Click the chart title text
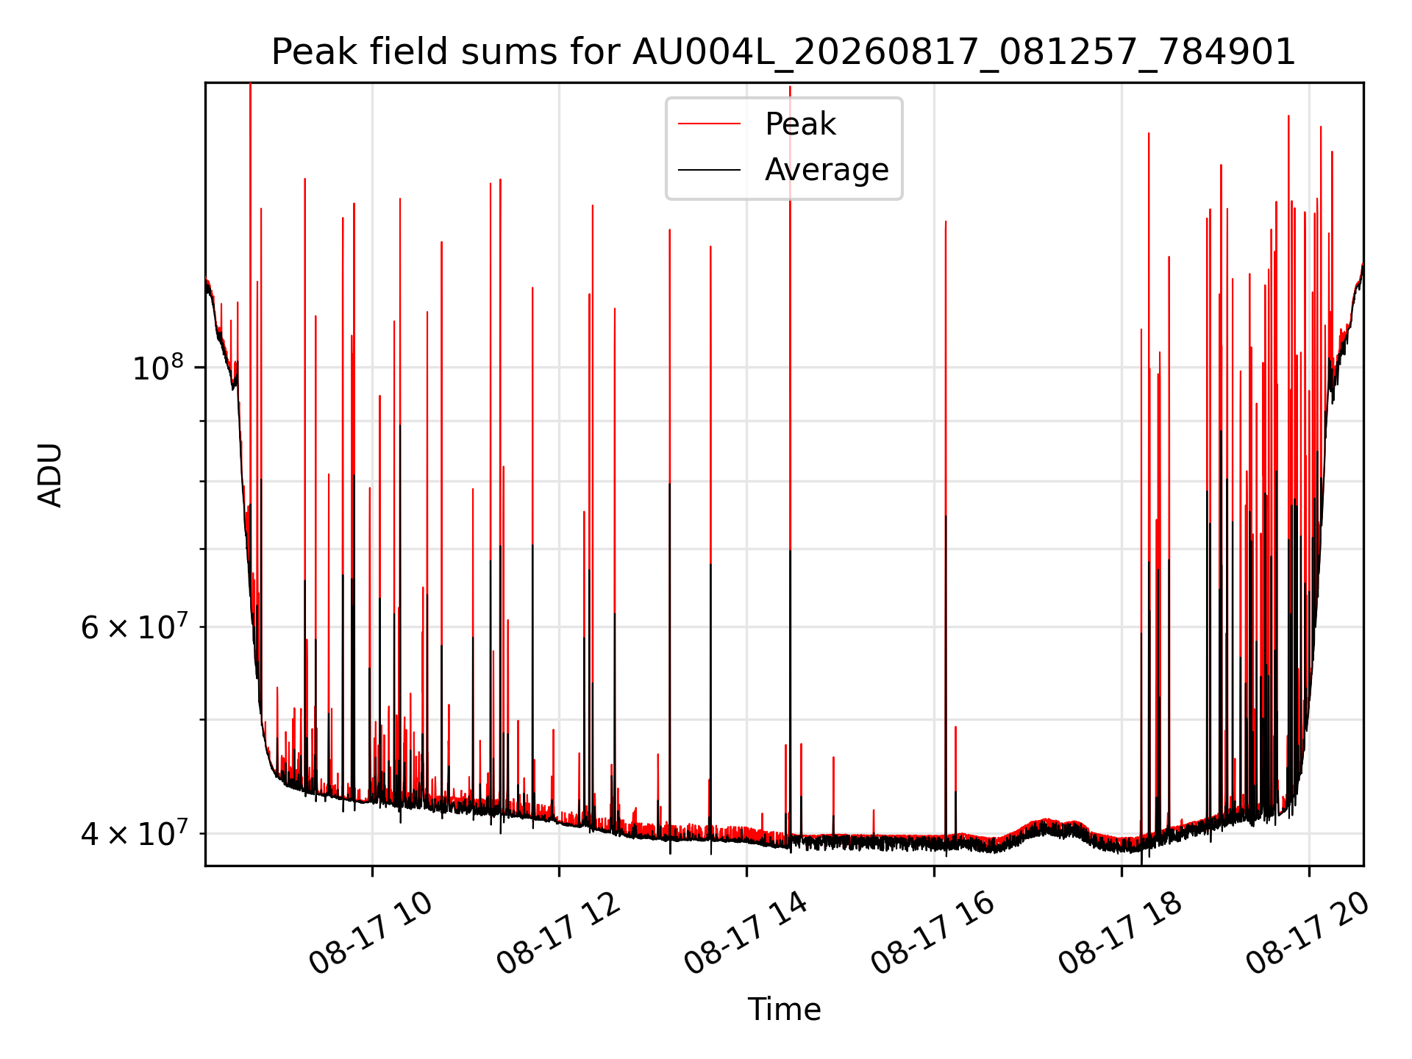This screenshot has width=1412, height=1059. point(783,52)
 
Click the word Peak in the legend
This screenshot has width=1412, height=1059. point(800,124)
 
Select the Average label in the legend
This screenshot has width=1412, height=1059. point(827,170)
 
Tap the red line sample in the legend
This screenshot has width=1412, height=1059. point(709,124)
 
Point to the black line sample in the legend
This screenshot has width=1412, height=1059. point(709,170)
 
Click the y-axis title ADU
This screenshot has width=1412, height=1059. point(50,475)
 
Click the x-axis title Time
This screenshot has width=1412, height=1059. point(784,1010)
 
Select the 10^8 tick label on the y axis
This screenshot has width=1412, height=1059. point(163,367)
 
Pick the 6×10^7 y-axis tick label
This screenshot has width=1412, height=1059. point(136,627)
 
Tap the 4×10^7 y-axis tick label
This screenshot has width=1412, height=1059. point(136,833)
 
